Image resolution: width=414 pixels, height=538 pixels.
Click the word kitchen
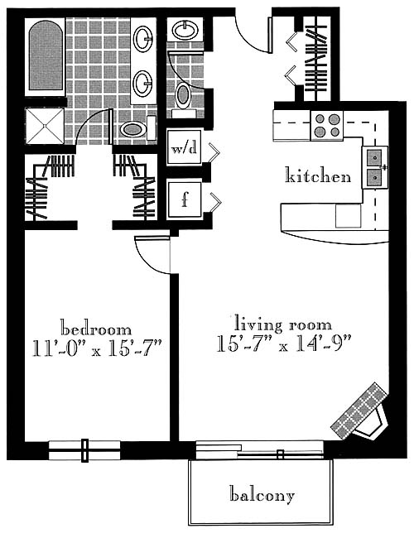click(318, 175)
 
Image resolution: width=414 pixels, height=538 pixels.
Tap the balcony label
click(262, 494)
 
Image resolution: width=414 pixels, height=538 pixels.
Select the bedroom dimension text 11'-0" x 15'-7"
click(97, 348)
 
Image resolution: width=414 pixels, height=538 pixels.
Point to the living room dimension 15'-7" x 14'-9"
click(283, 343)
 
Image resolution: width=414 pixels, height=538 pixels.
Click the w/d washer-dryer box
click(184, 147)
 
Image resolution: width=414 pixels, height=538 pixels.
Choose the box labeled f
click(185, 199)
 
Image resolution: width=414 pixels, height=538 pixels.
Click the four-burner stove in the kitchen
click(327, 125)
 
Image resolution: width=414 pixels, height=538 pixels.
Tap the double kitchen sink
click(375, 167)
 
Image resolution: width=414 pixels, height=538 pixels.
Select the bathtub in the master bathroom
click(45, 57)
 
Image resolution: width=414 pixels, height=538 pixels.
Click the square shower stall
click(45, 126)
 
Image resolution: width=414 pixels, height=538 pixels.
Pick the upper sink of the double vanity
click(143, 39)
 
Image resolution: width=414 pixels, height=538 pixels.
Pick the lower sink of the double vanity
click(142, 84)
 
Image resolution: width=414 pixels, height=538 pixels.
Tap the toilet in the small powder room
click(184, 98)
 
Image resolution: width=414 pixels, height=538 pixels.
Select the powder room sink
click(185, 30)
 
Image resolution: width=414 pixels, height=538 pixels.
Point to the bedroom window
click(84, 450)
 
